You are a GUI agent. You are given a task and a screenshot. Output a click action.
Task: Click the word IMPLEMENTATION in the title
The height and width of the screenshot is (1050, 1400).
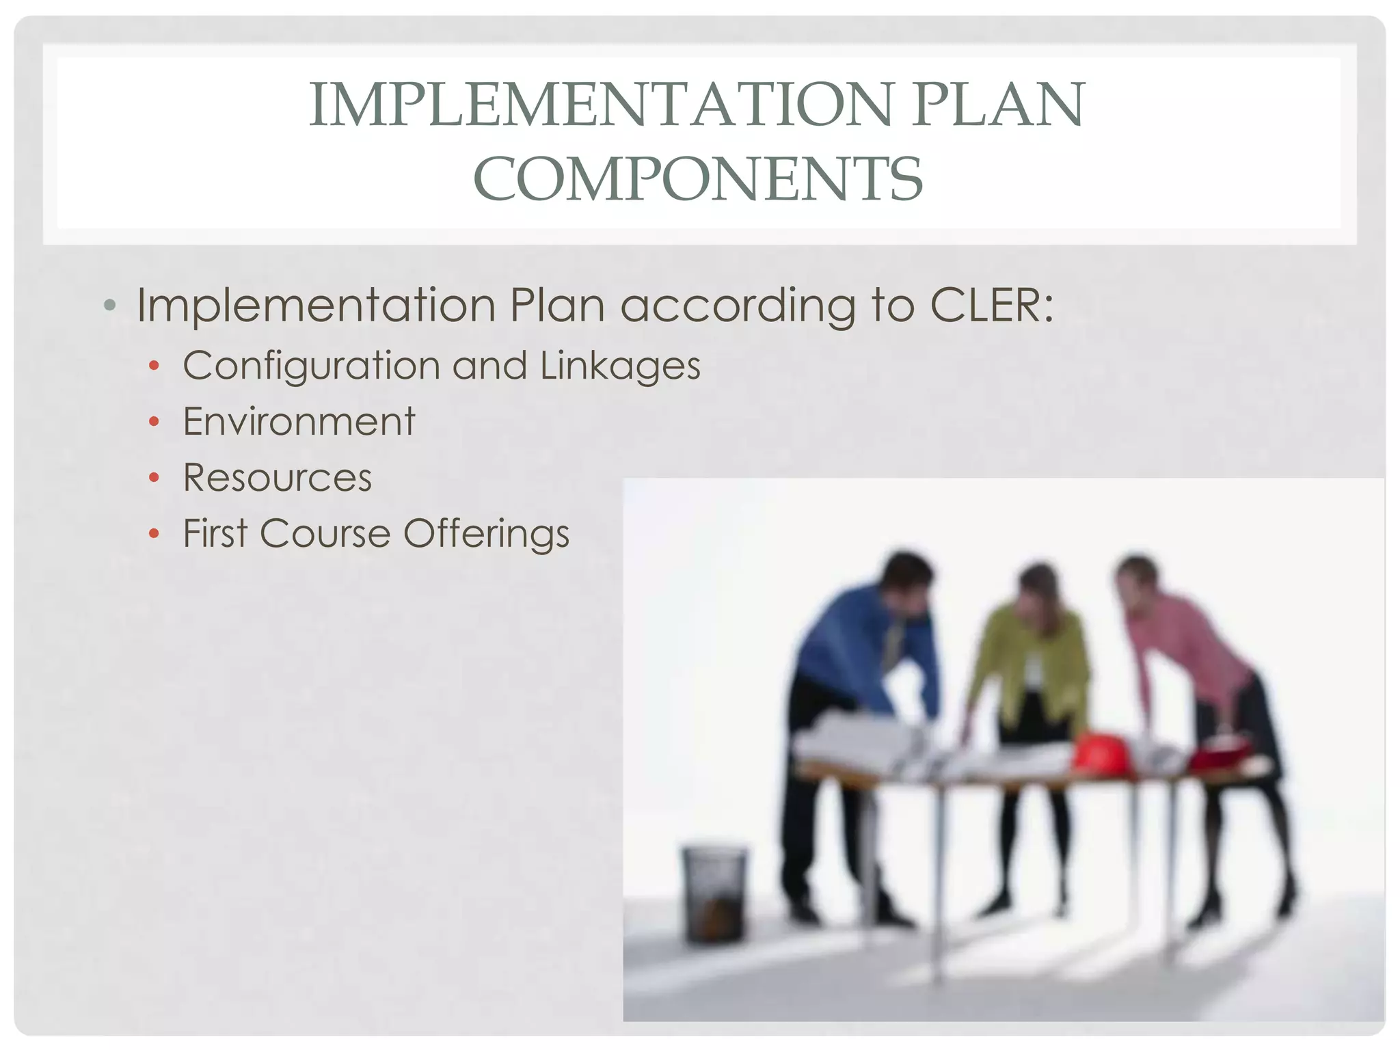601,105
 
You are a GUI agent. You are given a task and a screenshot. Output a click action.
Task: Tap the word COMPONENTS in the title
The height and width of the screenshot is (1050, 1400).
698,179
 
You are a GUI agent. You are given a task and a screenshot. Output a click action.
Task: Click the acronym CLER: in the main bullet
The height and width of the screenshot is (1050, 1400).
992,305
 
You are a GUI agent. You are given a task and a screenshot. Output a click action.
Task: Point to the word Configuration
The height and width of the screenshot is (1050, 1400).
311,366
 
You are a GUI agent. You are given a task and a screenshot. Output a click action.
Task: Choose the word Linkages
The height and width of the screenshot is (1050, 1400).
620,366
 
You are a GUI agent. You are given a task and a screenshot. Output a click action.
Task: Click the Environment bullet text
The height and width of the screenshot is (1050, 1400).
299,421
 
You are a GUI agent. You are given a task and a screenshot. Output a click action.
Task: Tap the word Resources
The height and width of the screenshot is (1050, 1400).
278,477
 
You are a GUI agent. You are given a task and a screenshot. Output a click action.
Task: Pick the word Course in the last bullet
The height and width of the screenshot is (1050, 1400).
325,533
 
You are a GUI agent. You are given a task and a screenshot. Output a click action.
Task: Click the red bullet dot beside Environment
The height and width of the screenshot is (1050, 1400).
154,422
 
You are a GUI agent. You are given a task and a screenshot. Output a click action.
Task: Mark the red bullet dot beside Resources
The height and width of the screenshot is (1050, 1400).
154,478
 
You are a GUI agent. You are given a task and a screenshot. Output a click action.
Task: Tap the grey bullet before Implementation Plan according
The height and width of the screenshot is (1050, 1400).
110,305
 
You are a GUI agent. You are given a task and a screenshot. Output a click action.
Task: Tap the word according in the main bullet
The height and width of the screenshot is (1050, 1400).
738,306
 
